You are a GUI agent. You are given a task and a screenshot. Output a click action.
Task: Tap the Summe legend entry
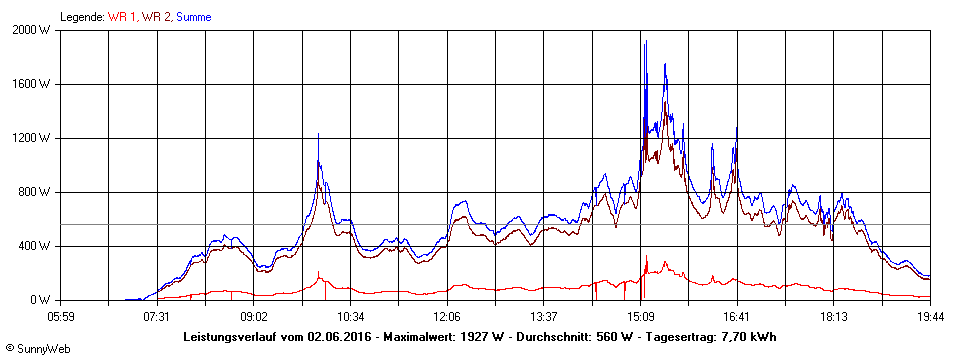pos(194,17)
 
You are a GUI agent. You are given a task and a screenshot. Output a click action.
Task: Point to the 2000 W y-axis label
pos(34,30)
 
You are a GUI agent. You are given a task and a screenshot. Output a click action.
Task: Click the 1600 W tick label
pos(34,84)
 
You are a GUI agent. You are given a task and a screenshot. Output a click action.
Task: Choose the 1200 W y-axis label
pos(34,138)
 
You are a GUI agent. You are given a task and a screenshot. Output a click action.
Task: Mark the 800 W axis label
pos(37,192)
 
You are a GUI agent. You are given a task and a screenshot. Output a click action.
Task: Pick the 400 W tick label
pos(37,246)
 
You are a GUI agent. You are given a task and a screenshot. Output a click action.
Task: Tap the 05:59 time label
pos(60,316)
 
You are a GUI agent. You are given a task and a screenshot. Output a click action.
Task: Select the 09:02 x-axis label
pos(254,316)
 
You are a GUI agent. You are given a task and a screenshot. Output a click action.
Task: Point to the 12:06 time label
pos(447,316)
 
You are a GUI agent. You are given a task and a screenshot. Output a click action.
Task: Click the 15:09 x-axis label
pos(640,316)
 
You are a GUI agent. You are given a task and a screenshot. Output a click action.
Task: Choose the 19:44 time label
pos(930,316)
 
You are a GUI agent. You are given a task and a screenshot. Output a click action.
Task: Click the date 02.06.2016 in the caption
pos(339,337)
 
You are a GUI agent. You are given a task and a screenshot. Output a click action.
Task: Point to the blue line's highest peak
pos(646,42)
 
